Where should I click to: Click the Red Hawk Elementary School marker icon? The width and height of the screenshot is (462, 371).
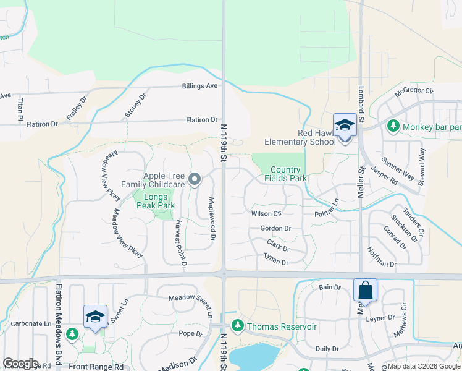click(x=345, y=126)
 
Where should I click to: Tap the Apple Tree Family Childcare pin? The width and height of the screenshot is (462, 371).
click(x=195, y=180)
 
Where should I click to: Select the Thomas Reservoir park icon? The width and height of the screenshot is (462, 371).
click(x=237, y=326)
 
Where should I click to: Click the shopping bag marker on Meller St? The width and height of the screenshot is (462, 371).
click(x=365, y=290)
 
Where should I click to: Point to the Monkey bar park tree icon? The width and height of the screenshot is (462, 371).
click(x=392, y=127)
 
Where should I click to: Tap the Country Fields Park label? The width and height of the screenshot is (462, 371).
click(x=286, y=174)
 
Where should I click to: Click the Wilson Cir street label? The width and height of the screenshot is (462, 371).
click(x=266, y=213)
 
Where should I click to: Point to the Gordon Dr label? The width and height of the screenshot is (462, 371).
click(x=275, y=228)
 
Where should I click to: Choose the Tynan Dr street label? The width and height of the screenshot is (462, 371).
click(x=275, y=258)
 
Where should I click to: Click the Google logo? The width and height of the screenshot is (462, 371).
click(x=20, y=364)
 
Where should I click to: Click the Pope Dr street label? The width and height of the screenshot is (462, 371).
click(x=190, y=334)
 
